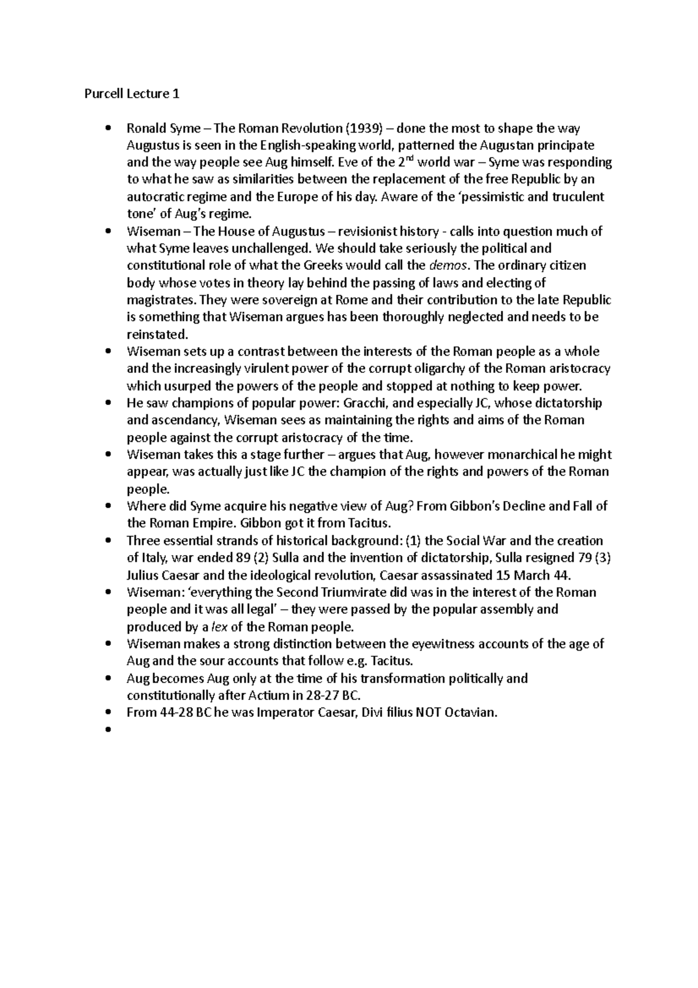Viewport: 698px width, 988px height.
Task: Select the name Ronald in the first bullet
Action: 147,128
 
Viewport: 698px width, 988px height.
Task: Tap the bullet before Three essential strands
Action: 108,541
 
